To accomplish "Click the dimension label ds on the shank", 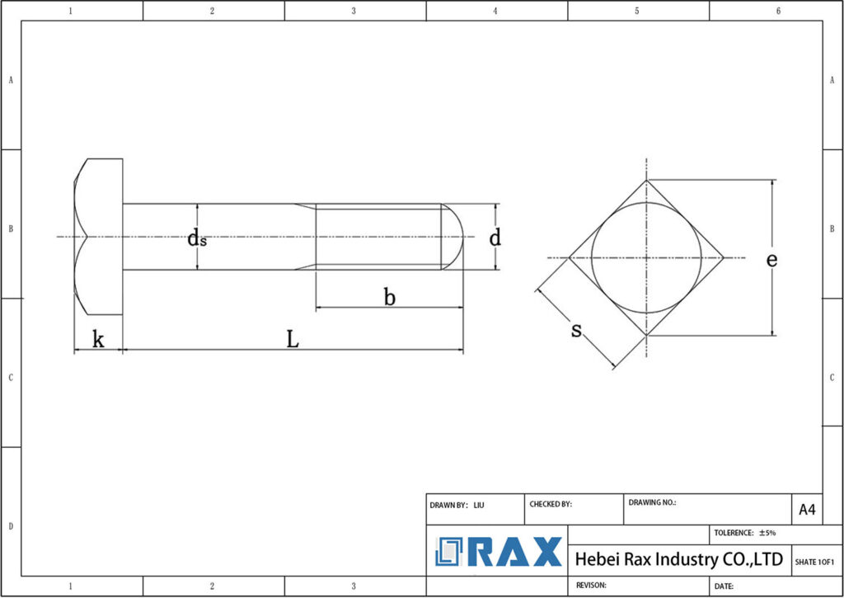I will (197, 239).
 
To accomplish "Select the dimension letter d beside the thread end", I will (495, 238).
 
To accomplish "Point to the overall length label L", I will (292, 339).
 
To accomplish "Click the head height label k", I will (98, 339).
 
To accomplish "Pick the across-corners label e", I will (771, 259).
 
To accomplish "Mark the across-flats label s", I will (577, 331).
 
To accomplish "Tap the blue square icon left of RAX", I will (450, 552).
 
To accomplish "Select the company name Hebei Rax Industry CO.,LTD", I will (678, 559).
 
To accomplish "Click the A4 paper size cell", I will (807, 510).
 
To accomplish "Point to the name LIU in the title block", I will (479, 504).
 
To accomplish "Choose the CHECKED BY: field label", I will (551, 504).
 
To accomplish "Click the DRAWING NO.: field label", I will (652, 501).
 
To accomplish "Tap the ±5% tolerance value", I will (767, 533).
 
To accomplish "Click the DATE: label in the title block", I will (724, 586).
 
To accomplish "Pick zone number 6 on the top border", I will (778, 11).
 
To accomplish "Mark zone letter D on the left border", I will (10, 525).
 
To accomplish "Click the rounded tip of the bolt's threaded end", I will (457, 238).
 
